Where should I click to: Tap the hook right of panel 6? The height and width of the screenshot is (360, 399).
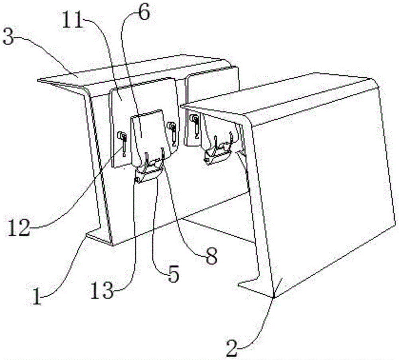tap(173, 131)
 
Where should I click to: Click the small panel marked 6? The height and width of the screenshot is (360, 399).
tap(148, 132)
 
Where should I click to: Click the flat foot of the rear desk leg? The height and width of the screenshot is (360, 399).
tap(98, 236)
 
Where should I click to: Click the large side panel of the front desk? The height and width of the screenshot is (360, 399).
tap(319, 188)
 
